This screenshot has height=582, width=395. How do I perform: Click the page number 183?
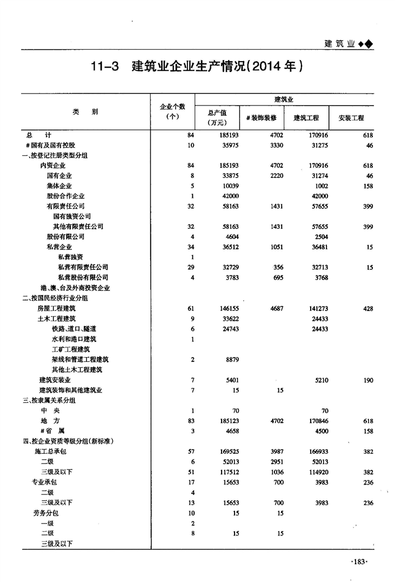pos(359,563)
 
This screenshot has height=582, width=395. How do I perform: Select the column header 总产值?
pos(217,113)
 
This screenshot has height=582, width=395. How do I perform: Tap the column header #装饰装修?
pos(261,117)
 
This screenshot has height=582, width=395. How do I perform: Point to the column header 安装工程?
pos(351,117)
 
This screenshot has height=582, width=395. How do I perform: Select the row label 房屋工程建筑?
pos(57,308)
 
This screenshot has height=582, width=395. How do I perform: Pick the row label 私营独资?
pos(71,257)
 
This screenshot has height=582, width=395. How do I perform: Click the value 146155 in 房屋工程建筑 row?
pos(229,308)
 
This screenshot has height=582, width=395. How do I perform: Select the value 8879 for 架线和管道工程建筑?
pos(231,359)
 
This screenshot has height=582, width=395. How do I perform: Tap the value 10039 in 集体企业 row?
pos(230,186)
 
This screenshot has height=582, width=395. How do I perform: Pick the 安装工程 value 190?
pos(368,380)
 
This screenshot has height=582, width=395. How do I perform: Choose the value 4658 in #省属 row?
pos(231,431)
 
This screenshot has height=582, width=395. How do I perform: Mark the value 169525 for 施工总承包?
pos(229,451)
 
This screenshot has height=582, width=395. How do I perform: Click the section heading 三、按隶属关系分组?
pos(49,400)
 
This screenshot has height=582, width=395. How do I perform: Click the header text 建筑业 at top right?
pos(339,44)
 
